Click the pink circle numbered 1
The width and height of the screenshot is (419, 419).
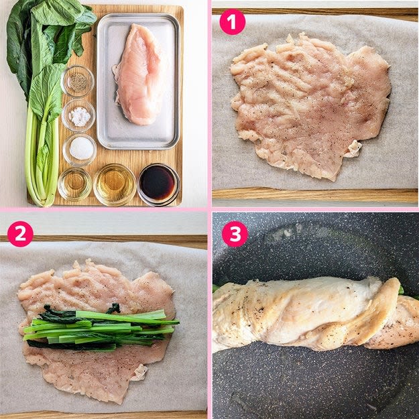(232, 22)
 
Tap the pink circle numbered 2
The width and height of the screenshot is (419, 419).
(20, 234)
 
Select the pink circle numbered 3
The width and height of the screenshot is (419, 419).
(235, 234)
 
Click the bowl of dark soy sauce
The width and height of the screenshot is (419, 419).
(158, 184)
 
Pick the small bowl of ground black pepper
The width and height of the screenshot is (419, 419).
(78, 81)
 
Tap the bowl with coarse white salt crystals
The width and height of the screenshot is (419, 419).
(78, 115)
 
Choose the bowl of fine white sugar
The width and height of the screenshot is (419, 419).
(80, 149)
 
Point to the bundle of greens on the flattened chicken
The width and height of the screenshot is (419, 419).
(100, 327)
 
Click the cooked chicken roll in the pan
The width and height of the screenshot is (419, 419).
(315, 314)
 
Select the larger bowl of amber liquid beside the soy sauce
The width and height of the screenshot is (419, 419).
(115, 184)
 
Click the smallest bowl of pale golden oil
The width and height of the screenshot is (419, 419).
(75, 183)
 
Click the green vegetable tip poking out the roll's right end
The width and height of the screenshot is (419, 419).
(401, 291)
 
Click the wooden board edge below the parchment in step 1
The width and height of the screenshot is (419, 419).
(315, 195)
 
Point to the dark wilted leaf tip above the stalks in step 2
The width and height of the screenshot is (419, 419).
(114, 308)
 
